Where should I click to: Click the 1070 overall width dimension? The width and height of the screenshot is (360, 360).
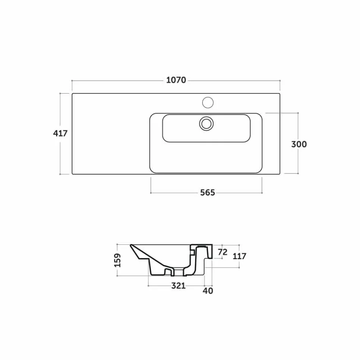click(176, 80)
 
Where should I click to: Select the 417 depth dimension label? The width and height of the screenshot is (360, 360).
click(60, 133)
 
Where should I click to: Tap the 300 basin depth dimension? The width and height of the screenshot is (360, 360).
click(299, 144)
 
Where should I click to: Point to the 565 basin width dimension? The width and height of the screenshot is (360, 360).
click(207, 193)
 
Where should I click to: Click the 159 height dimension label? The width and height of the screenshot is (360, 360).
click(118, 260)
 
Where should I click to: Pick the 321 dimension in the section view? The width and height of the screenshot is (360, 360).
click(178, 285)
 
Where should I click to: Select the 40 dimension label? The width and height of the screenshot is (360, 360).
click(208, 291)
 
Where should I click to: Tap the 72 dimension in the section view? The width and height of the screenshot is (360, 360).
click(223, 252)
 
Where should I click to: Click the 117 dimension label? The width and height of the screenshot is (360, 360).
click(239, 256)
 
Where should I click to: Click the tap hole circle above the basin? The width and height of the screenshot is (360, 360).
click(208, 102)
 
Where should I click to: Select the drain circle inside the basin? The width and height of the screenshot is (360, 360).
click(207, 123)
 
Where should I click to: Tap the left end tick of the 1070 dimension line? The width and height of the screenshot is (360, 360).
click(72, 80)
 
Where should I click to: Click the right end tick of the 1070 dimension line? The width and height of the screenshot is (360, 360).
click(280, 80)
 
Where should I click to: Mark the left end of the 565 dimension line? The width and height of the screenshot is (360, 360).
click(151, 193)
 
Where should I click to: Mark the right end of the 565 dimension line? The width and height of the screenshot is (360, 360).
click(262, 193)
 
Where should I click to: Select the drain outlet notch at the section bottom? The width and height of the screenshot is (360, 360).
click(169, 271)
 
